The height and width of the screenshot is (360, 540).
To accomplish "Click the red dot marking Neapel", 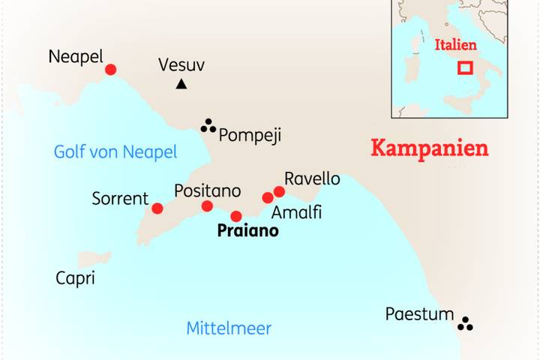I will (110, 70).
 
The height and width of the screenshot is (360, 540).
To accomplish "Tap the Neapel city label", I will (75, 56).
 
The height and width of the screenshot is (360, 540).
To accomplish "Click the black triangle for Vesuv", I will (181, 85).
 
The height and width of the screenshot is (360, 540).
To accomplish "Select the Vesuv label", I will (181, 65).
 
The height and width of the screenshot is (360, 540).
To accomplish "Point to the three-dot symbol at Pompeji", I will (208, 126).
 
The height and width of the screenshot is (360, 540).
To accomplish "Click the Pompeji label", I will (249, 135).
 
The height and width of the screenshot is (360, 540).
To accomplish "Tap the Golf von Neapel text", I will (115, 152).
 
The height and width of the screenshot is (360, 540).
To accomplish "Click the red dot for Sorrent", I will (157, 208).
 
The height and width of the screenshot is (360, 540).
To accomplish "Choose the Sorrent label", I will (120, 199).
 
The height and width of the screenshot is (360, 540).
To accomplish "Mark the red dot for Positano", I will (207, 206).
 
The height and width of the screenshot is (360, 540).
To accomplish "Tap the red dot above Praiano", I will (236, 216).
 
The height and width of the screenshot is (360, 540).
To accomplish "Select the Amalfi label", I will (296, 212).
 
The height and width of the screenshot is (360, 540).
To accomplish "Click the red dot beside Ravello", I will (280, 191).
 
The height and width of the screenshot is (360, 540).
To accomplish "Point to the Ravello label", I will (312, 179).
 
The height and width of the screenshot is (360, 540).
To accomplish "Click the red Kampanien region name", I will (430, 148).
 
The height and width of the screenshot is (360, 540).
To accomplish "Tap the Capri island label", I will (75, 279).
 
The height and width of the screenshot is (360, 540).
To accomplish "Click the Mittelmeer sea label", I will (229, 328).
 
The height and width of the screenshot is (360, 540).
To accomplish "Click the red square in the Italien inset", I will (465, 67).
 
